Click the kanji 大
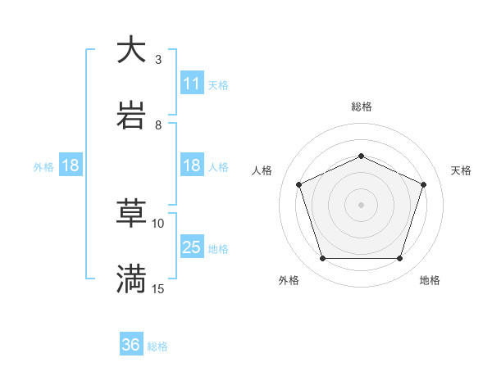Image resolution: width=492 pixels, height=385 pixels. tap(131, 50)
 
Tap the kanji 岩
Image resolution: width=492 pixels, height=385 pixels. tap(131, 115)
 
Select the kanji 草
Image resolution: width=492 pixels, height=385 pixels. tap(131, 214)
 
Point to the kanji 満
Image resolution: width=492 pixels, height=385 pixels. tap(131, 279)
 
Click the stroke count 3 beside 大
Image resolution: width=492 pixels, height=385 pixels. tap(158, 59)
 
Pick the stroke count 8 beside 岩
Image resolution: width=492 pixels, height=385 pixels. tap(158, 125)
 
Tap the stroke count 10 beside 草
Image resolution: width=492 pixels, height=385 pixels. tap(158, 223)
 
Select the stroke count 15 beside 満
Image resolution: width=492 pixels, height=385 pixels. tap(158, 288)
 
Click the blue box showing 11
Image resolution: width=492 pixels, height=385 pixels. tap(192, 84)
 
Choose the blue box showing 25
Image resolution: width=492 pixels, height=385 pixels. tap(192, 247)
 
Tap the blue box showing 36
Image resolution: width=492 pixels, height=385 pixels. tap(131, 345)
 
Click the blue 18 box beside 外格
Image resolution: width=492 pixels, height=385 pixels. tap(71, 165)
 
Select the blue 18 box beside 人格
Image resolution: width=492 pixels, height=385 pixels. tap(192, 165)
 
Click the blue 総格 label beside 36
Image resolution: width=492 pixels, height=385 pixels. tap(157, 346)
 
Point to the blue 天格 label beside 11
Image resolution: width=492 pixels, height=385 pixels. tap(218, 84)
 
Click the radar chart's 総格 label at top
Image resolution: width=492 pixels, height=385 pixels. tap(361, 107)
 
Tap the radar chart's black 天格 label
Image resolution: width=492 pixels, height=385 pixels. tap(462, 170)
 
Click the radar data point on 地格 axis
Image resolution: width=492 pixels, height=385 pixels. tap(399, 258)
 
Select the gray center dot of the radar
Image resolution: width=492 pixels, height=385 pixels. tap(361, 205)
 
